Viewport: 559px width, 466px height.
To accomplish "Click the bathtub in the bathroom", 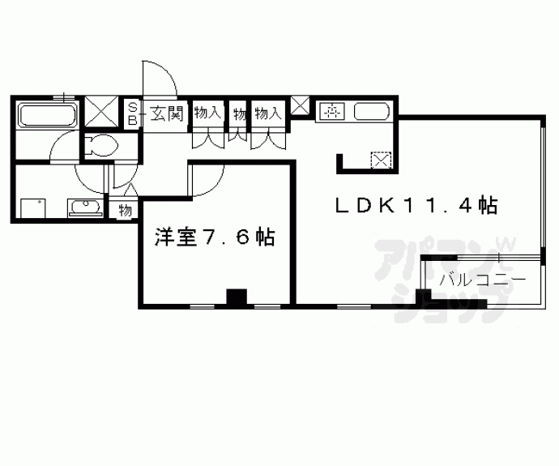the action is [x=48, y=114].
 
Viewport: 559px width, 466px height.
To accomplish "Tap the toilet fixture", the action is [x=101, y=145].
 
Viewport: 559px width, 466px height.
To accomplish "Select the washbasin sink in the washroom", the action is [x=86, y=207].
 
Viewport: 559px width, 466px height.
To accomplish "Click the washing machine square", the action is [x=33, y=208].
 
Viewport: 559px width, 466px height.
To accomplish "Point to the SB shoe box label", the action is [x=132, y=113].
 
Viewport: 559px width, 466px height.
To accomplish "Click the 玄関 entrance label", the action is [x=167, y=113].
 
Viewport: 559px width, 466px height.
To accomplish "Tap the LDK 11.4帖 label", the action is [x=416, y=205].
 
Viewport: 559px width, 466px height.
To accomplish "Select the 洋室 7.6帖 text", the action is [x=215, y=237].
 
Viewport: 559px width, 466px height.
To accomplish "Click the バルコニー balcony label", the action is [x=482, y=279].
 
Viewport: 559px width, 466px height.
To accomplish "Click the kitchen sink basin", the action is [x=372, y=112].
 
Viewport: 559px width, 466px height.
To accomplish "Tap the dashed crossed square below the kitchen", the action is [x=381, y=160].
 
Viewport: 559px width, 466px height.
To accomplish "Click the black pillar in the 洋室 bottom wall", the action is [x=237, y=297].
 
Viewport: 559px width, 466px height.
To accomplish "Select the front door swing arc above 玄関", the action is [x=160, y=79].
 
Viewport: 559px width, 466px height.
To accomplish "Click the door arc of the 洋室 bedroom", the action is [x=207, y=180].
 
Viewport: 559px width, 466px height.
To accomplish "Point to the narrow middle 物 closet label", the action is [x=240, y=115].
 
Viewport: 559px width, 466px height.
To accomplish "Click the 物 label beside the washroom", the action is [x=125, y=211].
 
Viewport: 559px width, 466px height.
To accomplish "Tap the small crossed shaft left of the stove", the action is [x=300, y=105].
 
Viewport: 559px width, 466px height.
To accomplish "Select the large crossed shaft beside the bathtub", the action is [x=102, y=111].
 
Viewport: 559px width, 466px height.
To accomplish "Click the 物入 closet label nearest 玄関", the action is [x=207, y=113].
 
